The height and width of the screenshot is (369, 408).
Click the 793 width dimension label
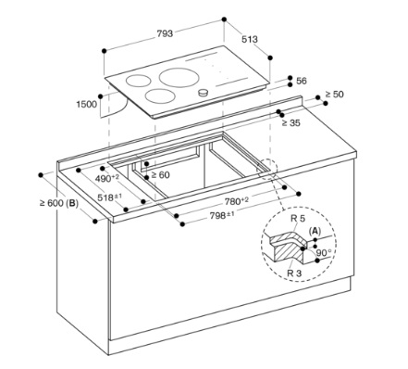(x=165, y=33)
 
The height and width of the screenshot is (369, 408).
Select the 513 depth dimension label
(x=250, y=39)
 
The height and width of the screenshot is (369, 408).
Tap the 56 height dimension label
(x=302, y=81)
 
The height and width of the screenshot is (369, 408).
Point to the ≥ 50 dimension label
(x=334, y=94)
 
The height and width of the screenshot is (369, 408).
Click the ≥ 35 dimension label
(x=291, y=123)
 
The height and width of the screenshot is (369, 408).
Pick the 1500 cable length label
(x=87, y=104)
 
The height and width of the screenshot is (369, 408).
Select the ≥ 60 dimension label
(x=160, y=175)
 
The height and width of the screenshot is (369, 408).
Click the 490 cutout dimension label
(x=107, y=178)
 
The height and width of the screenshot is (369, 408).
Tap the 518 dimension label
(x=110, y=197)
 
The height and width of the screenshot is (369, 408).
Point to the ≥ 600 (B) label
(x=59, y=203)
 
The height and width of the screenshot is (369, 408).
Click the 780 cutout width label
(x=237, y=201)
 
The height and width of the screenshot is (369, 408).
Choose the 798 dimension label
(x=222, y=215)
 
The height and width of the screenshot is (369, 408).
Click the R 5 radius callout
(x=298, y=219)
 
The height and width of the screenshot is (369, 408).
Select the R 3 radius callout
(x=294, y=274)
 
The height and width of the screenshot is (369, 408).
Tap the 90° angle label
(x=324, y=253)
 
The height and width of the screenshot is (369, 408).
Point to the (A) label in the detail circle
(x=315, y=231)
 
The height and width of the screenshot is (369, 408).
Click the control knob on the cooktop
(x=203, y=92)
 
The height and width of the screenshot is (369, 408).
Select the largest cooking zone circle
(x=179, y=76)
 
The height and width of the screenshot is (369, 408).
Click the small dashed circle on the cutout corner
(x=266, y=169)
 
